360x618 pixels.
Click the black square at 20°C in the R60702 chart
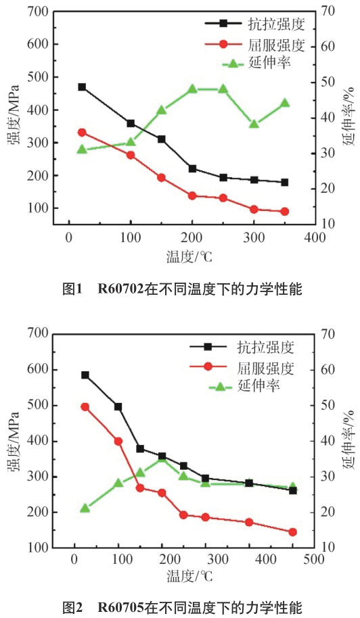[x=82, y=87]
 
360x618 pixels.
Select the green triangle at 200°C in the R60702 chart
[x=192, y=89]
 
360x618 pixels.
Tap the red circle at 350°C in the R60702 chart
[x=284, y=212]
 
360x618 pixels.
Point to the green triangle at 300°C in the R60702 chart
[x=254, y=124]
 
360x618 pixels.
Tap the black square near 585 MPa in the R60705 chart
[x=85, y=375]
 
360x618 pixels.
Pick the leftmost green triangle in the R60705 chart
[x=85, y=508]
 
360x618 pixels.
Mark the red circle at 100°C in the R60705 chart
[x=118, y=441]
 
